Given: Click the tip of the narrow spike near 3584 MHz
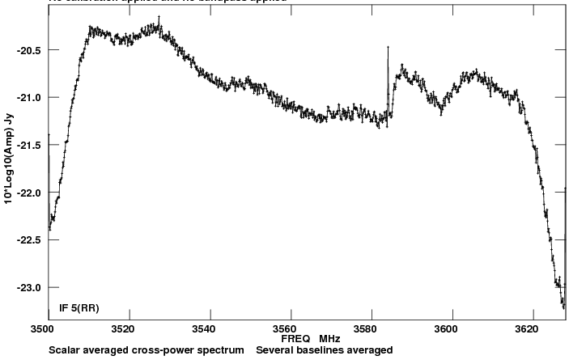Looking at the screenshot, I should tap(389, 47).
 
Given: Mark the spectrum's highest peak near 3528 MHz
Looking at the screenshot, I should tap(159, 15).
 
